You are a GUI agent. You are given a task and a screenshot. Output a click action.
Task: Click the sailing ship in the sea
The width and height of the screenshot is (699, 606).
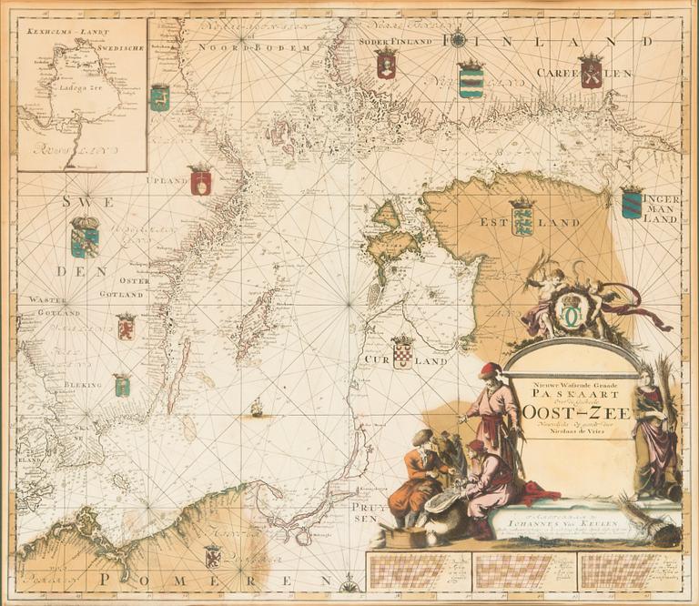click(258, 408)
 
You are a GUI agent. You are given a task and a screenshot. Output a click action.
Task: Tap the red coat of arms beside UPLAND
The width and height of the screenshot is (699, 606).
click(200, 180)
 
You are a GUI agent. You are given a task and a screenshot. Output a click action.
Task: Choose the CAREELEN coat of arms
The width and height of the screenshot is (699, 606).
click(591, 71)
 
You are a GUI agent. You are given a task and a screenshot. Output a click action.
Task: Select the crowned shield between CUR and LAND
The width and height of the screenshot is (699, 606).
click(402, 351)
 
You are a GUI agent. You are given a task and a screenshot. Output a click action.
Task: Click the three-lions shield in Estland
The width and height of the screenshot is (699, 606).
click(522, 217)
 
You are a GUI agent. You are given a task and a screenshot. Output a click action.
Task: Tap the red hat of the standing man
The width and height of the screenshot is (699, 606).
click(491, 370)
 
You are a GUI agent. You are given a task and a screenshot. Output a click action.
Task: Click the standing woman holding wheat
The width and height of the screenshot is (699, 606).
click(655, 428)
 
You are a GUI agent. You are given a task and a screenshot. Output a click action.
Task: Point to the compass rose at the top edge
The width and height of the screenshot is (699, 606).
click(459, 39)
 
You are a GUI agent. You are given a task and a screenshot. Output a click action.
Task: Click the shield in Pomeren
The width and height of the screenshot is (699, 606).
click(213, 555)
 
